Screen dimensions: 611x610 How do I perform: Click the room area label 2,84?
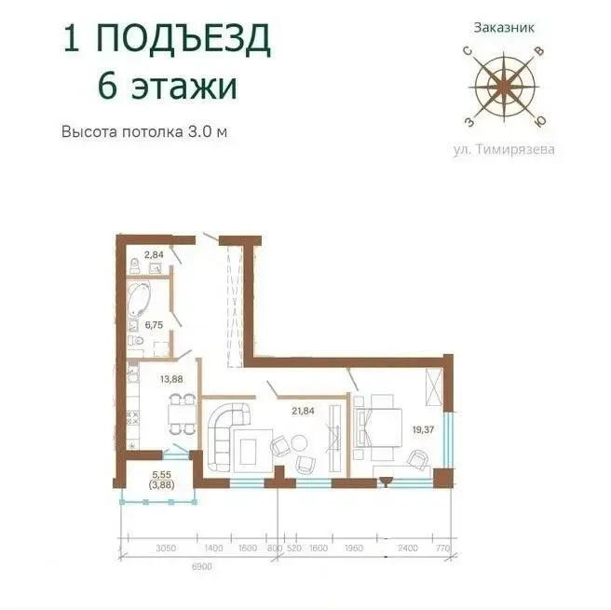coord(154,255)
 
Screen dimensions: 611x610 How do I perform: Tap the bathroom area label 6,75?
coord(154,325)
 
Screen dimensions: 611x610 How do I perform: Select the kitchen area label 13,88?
coord(171,379)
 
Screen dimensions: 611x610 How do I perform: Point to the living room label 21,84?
coord(303,411)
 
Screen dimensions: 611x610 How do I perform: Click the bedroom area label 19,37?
coord(423,430)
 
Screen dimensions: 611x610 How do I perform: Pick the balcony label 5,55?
coord(162,475)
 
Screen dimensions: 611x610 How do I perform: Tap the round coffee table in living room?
coord(299,444)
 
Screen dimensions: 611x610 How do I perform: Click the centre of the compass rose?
coord(504,86)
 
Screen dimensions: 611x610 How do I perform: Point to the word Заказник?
coord(504,28)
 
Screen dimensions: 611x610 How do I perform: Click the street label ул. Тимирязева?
coord(504,150)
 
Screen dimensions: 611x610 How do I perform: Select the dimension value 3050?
coord(166,548)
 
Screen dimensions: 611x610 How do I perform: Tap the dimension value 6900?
coord(202,566)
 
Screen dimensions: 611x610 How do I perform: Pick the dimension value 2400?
coord(407,548)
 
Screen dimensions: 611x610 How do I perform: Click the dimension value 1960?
coord(353,548)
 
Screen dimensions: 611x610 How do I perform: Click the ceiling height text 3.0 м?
coord(208,131)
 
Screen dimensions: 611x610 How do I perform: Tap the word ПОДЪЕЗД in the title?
coord(183,38)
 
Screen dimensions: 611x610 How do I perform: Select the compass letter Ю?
coord(539,121)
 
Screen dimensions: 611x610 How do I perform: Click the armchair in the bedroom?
coord(416,458)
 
